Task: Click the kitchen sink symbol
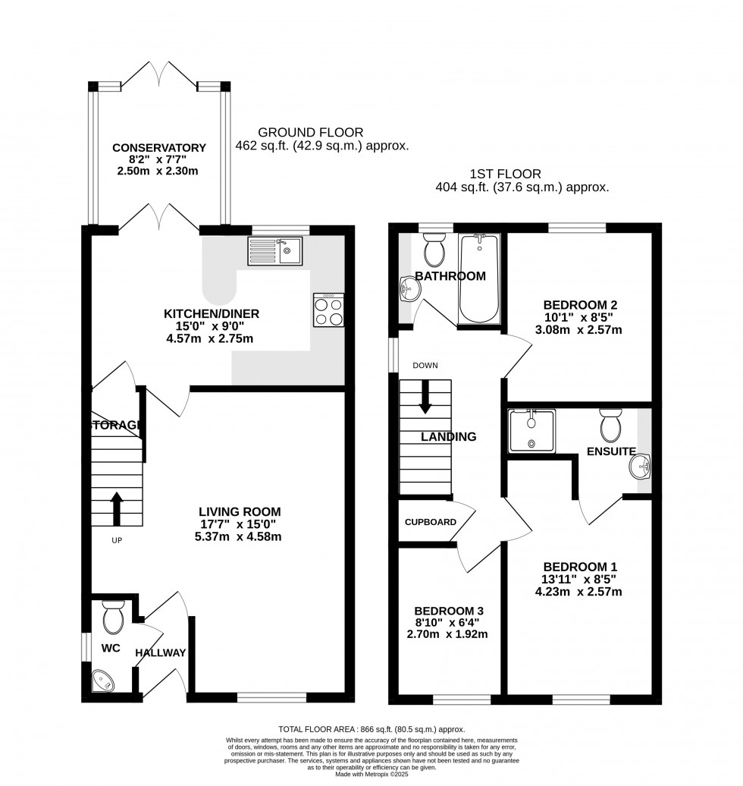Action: [274, 250]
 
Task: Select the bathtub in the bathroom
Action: [480, 278]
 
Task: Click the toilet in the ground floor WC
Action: [113, 618]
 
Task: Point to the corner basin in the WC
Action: [102, 681]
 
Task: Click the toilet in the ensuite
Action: [611, 426]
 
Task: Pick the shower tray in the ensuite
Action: [532, 430]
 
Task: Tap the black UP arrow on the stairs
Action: [117, 508]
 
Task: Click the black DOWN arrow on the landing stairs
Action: [425, 396]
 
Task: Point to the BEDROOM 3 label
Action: [449, 611]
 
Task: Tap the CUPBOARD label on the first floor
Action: [430, 522]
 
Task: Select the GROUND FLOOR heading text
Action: [310, 132]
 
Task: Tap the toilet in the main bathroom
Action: [435, 250]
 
